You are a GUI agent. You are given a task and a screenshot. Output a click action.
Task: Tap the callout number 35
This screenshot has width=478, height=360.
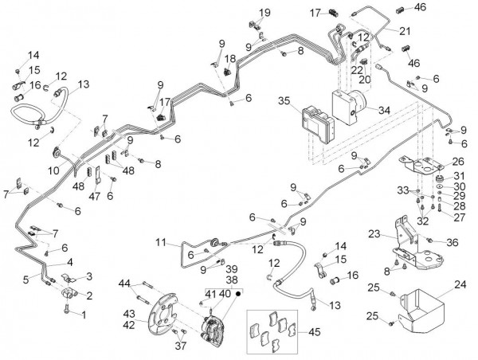pos(283,101)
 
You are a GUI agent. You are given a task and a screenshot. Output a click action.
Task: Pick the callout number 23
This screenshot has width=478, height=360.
pos(375,234)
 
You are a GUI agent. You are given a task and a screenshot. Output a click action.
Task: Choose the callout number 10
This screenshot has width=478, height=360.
pos(53,170)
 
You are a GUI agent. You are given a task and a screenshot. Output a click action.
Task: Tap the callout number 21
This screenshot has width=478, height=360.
pos(406,31)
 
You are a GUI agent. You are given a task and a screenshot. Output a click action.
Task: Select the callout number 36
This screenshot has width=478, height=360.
pos(453,242)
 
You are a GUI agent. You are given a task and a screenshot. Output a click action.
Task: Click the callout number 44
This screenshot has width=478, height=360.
pos(124,284)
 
